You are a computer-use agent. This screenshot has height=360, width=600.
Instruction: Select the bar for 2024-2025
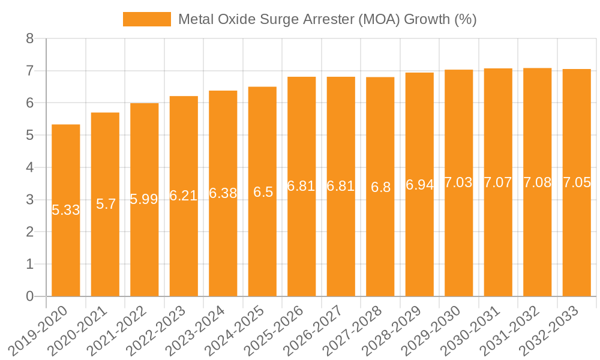tap(262, 240)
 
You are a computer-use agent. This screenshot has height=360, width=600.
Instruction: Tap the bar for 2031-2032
tap(537, 240)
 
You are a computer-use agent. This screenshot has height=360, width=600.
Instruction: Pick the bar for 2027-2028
tap(380, 240)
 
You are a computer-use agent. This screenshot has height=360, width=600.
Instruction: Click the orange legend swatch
tap(146, 19)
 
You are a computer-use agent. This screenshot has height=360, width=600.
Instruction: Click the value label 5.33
tap(66, 210)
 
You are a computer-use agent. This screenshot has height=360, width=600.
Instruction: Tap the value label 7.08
tap(537, 182)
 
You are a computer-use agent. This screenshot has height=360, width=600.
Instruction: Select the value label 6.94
tap(419, 185)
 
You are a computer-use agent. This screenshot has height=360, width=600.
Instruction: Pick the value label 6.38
tap(223, 193)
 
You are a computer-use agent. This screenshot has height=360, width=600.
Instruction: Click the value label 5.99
tap(145, 199)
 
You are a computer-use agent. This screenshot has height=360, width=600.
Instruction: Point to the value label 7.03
tap(458, 183)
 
